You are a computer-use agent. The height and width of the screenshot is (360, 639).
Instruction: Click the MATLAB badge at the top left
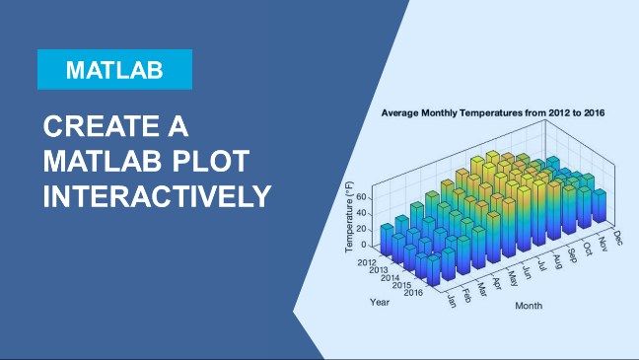pos(114,70)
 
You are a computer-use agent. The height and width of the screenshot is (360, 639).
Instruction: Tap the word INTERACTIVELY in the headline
pos(156,194)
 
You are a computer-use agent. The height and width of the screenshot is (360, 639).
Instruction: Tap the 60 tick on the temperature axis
pos(360,198)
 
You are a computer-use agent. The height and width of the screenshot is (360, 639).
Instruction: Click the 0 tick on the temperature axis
pos(364,245)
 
